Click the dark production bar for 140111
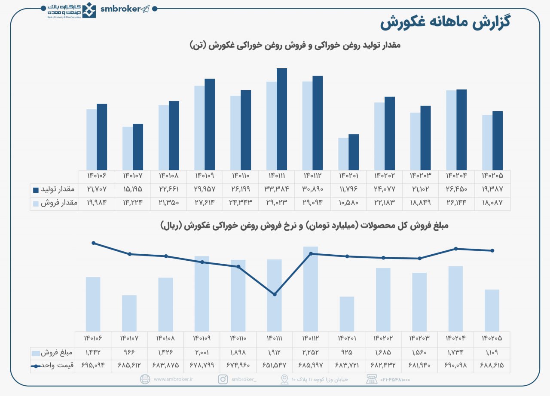(282, 119)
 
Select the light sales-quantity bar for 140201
(343, 154)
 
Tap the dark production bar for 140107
(138, 147)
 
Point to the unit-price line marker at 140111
(275, 294)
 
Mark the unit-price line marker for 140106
(94, 243)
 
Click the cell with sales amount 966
(129, 353)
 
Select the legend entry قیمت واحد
(60, 366)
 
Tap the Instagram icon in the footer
(223, 379)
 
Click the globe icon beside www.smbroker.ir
(145, 379)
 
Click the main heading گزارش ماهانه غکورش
(444, 23)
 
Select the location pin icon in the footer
(284, 379)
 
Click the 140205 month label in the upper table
(492, 176)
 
